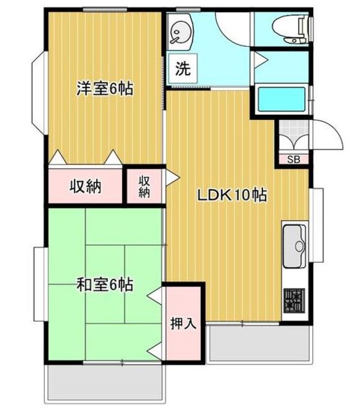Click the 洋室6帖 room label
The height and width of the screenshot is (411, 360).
pos(105,89)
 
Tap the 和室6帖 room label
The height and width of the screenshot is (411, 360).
pos(105,284)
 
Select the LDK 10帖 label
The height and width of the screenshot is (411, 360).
pos(232,195)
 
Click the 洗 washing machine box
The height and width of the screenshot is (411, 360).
pos(183,68)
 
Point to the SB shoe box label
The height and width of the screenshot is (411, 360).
pos(293,159)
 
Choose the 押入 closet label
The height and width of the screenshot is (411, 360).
pos(183,323)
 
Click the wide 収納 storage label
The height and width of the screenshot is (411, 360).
pos(85,187)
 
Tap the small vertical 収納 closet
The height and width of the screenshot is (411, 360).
pos(144,187)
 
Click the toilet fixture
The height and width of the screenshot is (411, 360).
pos(291,30)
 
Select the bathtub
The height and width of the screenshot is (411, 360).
pos(282,99)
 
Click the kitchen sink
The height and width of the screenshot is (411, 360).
pos(295,247)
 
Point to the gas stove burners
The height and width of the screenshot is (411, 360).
pos(295,300)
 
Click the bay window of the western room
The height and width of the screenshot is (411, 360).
pos(39,93)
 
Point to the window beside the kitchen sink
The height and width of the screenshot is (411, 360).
pos(318,225)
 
